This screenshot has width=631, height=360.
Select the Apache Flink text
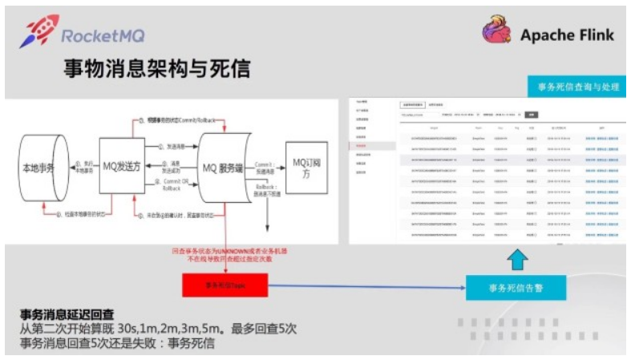(x=566, y=34)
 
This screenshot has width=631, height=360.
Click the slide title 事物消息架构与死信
(x=157, y=69)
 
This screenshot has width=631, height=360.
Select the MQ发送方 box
(x=121, y=166)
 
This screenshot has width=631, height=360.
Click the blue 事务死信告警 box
(x=516, y=285)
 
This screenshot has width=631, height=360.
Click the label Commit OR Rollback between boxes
(x=172, y=186)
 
